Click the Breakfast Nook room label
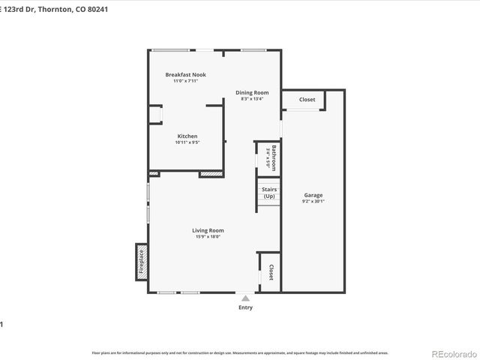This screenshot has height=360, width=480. pos(185,74)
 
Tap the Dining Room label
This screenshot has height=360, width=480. pos(252,92)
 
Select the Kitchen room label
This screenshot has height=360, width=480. pos(187,136)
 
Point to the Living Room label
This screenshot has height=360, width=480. pos(208,230)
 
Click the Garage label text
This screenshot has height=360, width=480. pos(313,194)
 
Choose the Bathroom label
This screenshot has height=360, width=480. pos(274,158)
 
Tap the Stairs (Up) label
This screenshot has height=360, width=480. pos(268,193)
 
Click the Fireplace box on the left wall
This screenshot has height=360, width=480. pos(140,262)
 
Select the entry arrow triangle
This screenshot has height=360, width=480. pos(245,298)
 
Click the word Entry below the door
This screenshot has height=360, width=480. pos(245,307)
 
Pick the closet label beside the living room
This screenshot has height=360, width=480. pos(271,273)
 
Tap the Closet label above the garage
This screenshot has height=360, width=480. pos(307,100)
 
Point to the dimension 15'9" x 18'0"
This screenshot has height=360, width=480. pos(208,237)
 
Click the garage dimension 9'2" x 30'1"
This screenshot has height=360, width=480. pos(313,201)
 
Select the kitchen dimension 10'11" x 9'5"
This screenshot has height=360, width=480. pos(187,142)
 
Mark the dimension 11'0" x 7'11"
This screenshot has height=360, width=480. pos(185,81)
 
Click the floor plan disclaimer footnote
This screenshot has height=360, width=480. pos(240,352)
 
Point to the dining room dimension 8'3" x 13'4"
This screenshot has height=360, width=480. pos(252,99)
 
